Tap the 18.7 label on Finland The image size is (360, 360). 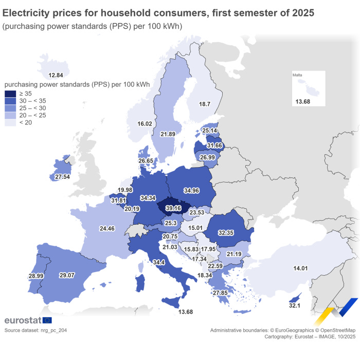tap(205, 104)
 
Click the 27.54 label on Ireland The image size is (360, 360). tap(62, 176)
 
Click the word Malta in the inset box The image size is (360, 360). tap(297, 75)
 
